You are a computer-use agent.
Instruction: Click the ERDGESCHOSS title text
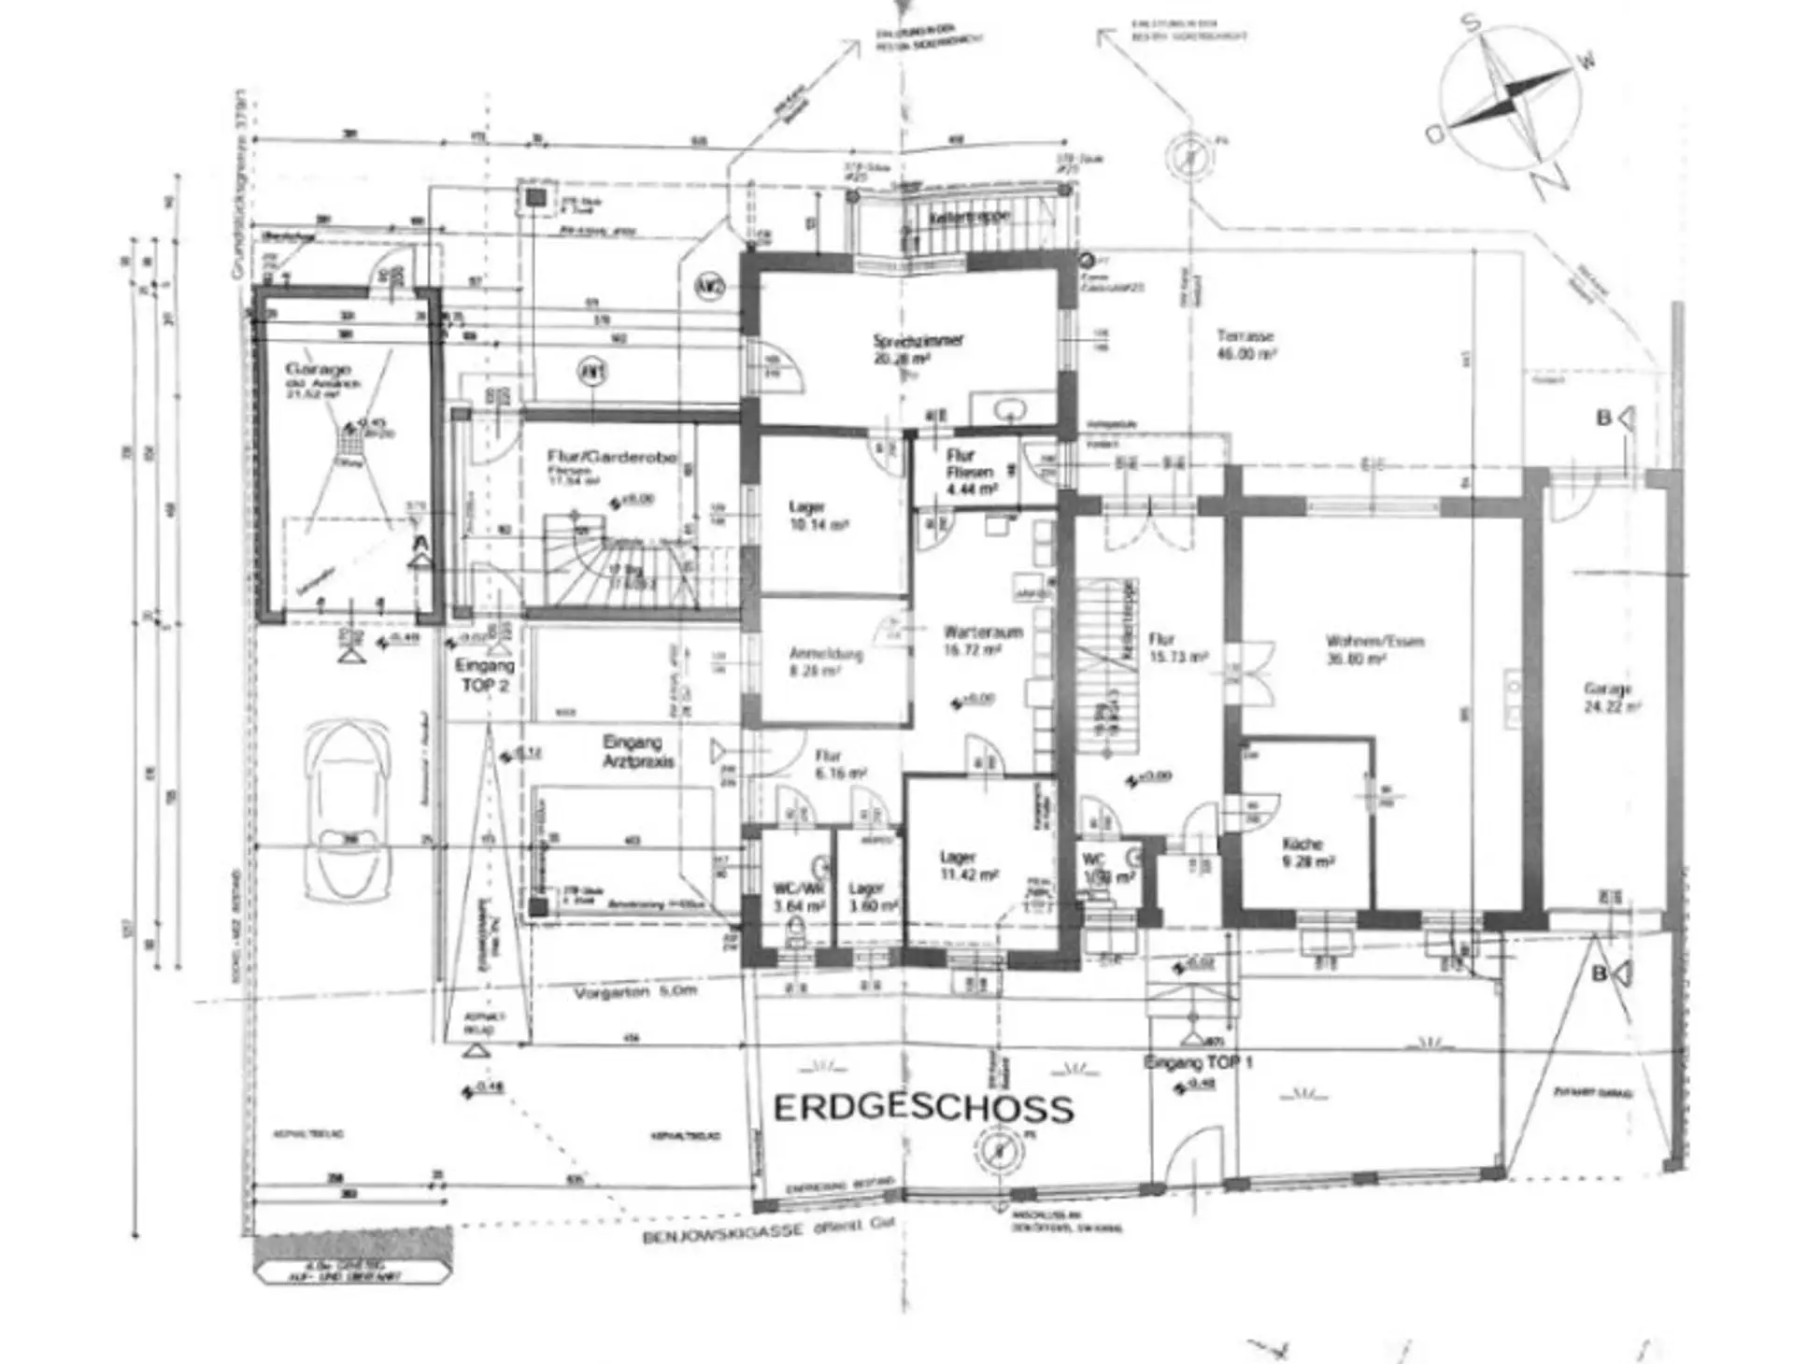click(923, 1108)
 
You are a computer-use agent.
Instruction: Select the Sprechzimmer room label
click(918, 348)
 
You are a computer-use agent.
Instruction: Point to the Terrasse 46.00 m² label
click(1246, 344)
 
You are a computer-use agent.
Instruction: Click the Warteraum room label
click(982, 640)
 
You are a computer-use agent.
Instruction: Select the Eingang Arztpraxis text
click(638, 751)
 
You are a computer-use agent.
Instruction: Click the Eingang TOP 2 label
click(484, 675)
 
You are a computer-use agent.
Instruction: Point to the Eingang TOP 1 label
click(1198, 1063)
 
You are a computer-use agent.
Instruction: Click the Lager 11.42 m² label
click(968, 865)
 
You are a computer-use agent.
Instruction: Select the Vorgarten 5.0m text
click(635, 992)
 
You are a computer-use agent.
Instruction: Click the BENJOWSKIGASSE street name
click(722, 1235)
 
